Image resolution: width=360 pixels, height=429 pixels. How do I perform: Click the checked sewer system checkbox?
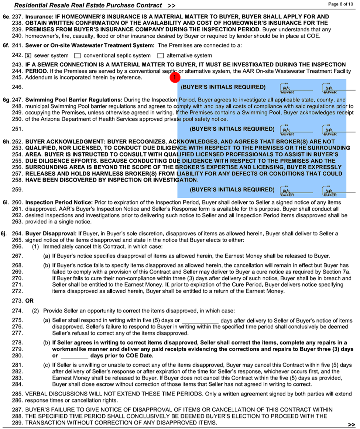click(x=28, y=56)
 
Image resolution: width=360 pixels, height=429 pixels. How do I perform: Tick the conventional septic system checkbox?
click(x=77, y=56)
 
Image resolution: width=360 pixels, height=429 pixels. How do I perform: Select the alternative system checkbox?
click(x=160, y=56)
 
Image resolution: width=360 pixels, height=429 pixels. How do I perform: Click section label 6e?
click(x=6, y=17)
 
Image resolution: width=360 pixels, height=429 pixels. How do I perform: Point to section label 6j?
click(x=6, y=233)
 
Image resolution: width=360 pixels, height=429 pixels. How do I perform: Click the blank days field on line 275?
click(x=200, y=321)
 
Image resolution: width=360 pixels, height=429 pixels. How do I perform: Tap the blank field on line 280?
click(x=74, y=356)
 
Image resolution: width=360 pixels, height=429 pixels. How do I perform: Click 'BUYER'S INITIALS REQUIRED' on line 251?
click(x=232, y=129)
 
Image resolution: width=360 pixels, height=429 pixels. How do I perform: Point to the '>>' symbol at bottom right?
click(x=351, y=424)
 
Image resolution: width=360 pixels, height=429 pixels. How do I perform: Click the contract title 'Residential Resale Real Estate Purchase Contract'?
click(x=88, y=5)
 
